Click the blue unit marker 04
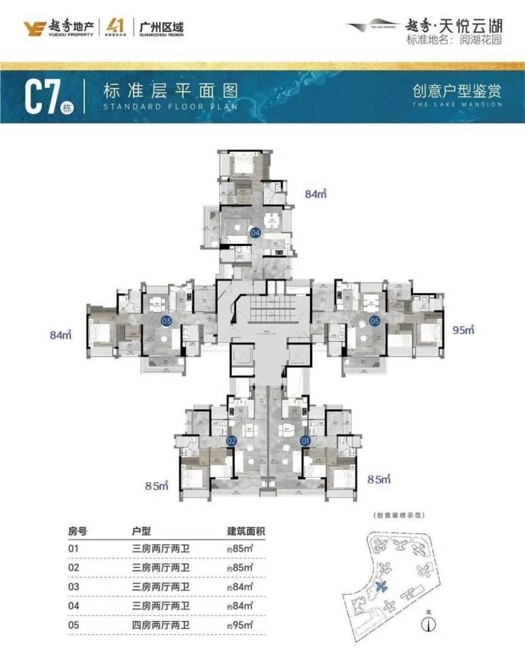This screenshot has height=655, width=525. pyautogui.click(x=255, y=232)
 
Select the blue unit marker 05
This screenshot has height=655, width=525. pyautogui.click(x=375, y=320)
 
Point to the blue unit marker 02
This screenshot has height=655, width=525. pyautogui.click(x=231, y=440)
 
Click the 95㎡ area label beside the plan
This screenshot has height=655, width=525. pyautogui.click(x=462, y=329)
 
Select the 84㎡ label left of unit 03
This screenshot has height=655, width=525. pyautogui.click(x=62, y=334)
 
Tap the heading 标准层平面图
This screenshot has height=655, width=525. pyautogui.click(x=169, y=91)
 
